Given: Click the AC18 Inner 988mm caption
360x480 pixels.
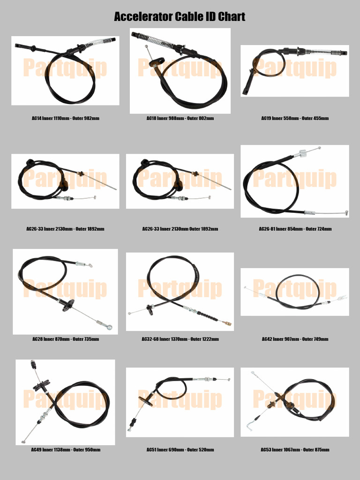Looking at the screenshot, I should (180, 119).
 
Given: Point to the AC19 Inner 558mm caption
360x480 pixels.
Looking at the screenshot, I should (295, 119).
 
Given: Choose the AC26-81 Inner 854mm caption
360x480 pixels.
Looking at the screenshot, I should (295, 229).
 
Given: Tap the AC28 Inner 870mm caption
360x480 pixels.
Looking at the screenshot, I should (65, 339).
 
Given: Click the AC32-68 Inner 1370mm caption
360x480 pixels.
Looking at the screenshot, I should (180, 339).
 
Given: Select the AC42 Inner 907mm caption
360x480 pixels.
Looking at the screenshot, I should (295, 339).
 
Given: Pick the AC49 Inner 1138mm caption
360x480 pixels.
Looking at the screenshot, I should (65, 450).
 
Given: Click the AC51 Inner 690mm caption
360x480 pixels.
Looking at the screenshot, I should (180, 450).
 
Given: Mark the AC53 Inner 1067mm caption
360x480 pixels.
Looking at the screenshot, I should (295, 450).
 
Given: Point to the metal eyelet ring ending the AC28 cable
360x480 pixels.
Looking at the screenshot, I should (109, 327).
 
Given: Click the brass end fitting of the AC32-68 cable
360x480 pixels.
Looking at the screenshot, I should (228, 323).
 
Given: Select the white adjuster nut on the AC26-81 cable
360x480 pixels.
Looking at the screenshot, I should (302, 152).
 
